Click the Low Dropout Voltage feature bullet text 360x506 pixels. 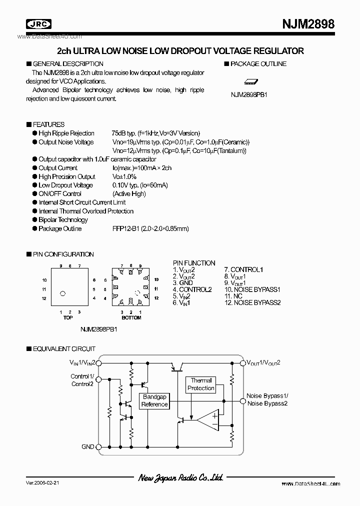[x=65, y=185]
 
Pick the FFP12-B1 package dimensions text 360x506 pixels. [x=150, y=229]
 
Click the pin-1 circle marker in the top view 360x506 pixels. [x=63, y=293]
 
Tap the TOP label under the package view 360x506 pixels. [x=68, y=318]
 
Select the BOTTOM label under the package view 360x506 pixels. [x=131, y=318]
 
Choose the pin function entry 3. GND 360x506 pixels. [x=183, y=283]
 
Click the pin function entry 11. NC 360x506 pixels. [x=234, y=296]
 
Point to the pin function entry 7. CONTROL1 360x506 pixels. [x=243, y=270]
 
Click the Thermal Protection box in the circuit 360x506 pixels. [x=200, y=384]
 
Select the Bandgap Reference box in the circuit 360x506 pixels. [x=154, y=400]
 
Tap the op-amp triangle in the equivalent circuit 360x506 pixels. [x=207, y=419]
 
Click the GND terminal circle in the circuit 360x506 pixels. [x=98, y=447]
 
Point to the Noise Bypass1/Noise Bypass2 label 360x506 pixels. [x=267, y=399]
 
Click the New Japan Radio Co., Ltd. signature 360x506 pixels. [x=180, y=478]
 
